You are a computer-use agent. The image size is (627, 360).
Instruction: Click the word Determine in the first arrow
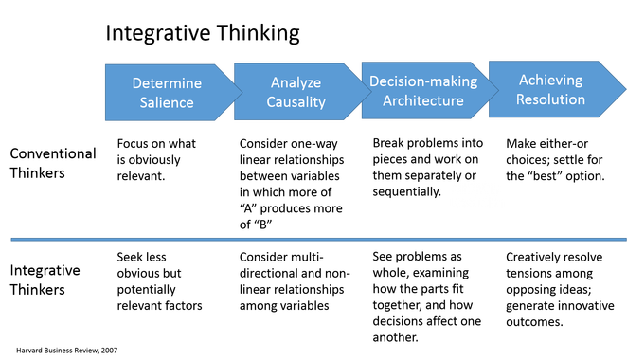point(167,83)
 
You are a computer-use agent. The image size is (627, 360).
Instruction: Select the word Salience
point(167,101)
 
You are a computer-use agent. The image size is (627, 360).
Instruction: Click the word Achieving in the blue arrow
point(550,81)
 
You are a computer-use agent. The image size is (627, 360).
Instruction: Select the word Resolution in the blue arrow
point(551,99)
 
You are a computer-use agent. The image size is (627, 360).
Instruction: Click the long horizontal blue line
point(313,240)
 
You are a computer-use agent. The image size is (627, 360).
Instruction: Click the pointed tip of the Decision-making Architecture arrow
point(496,91)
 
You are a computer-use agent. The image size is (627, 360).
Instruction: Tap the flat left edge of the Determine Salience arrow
point(104,92)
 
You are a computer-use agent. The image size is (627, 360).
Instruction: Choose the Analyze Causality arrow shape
point(294,92)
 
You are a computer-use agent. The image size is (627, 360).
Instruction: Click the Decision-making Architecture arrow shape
point(422,91)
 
